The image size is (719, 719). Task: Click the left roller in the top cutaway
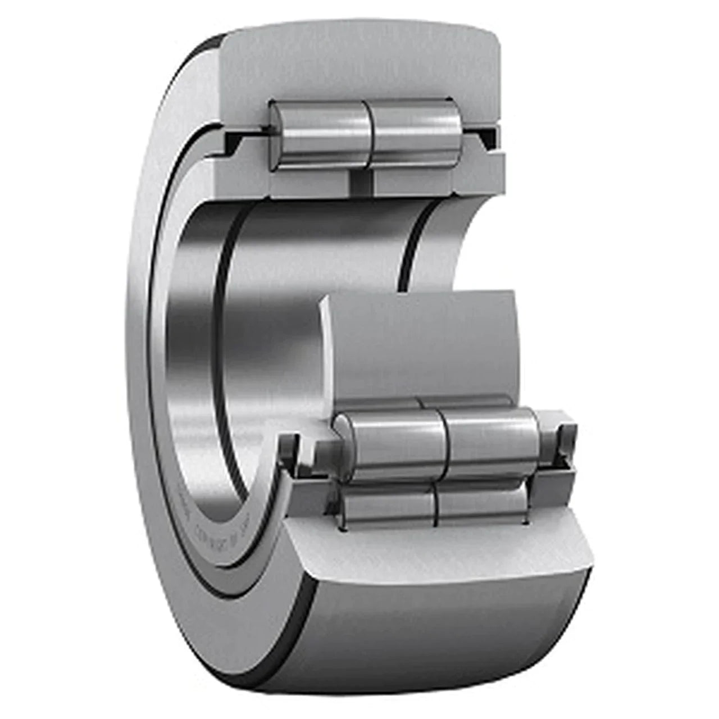click(x=320, y=133)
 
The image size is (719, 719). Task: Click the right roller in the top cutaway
click(x=416, y=133)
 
